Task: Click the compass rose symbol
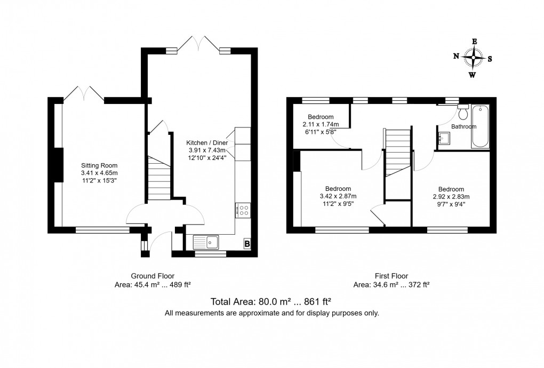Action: tap(473, 57)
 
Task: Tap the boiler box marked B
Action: tap(246, 244)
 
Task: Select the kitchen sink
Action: tap(206, 242)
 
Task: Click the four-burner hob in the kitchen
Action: tap(243, 210)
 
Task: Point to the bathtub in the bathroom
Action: tap(480, 126)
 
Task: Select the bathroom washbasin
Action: tap(444, 138)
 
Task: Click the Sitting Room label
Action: tap(99, 165)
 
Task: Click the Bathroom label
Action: tap(463, 127)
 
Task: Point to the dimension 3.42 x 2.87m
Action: tap(338, 196)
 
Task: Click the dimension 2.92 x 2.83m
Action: tap(451, 196)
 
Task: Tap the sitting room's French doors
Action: tap(84, 94)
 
